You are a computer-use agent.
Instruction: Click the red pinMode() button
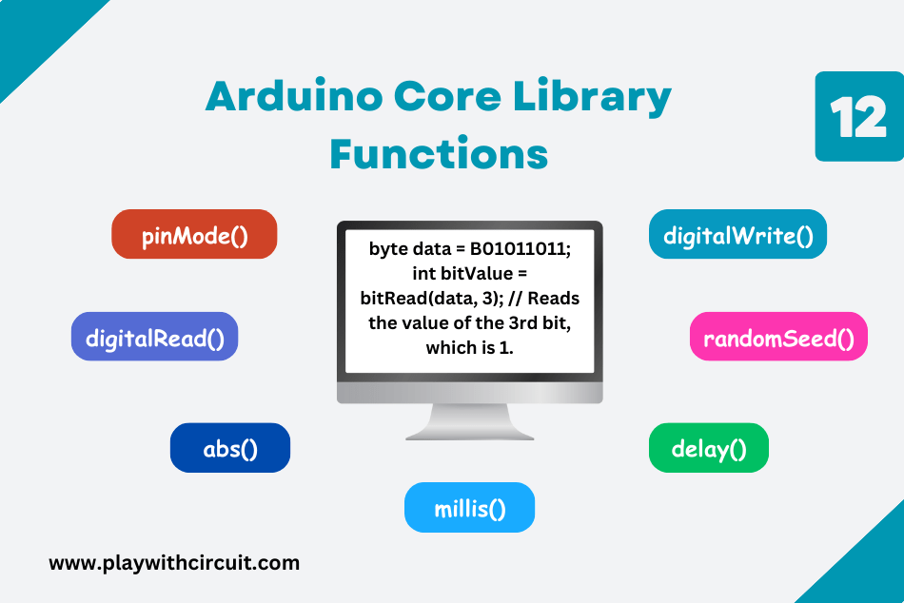194,235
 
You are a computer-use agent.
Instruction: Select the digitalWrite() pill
737,235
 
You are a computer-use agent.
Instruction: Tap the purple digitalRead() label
154,337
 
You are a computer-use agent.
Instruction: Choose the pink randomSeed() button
778,337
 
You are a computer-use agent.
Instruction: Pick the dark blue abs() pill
230,448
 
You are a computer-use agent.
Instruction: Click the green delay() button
708,448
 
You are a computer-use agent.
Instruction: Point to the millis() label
469,508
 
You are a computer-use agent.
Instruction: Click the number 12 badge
858,117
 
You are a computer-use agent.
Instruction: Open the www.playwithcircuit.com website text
174,562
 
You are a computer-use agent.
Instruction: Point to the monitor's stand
469,421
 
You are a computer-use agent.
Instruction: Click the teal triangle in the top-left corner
33,29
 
